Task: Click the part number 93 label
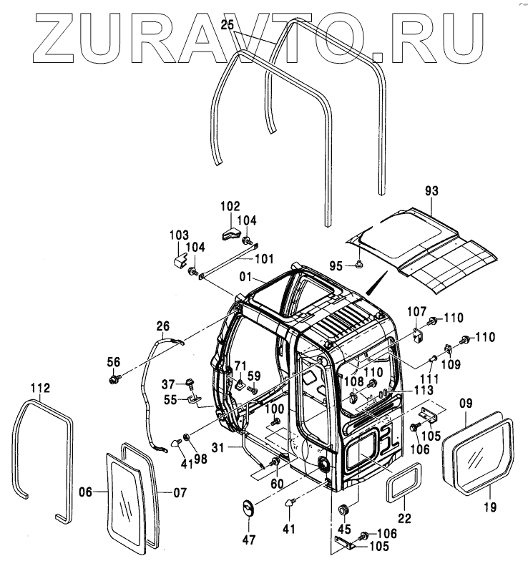[431, 191]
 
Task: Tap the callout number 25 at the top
[228, 26]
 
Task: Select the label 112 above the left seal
[41, 389]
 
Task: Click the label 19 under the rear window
[488, 509]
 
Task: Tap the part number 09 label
[466, 403]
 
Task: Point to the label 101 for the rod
[264, 258]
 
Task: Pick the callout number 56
[114, 361]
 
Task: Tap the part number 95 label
[336, 265]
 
